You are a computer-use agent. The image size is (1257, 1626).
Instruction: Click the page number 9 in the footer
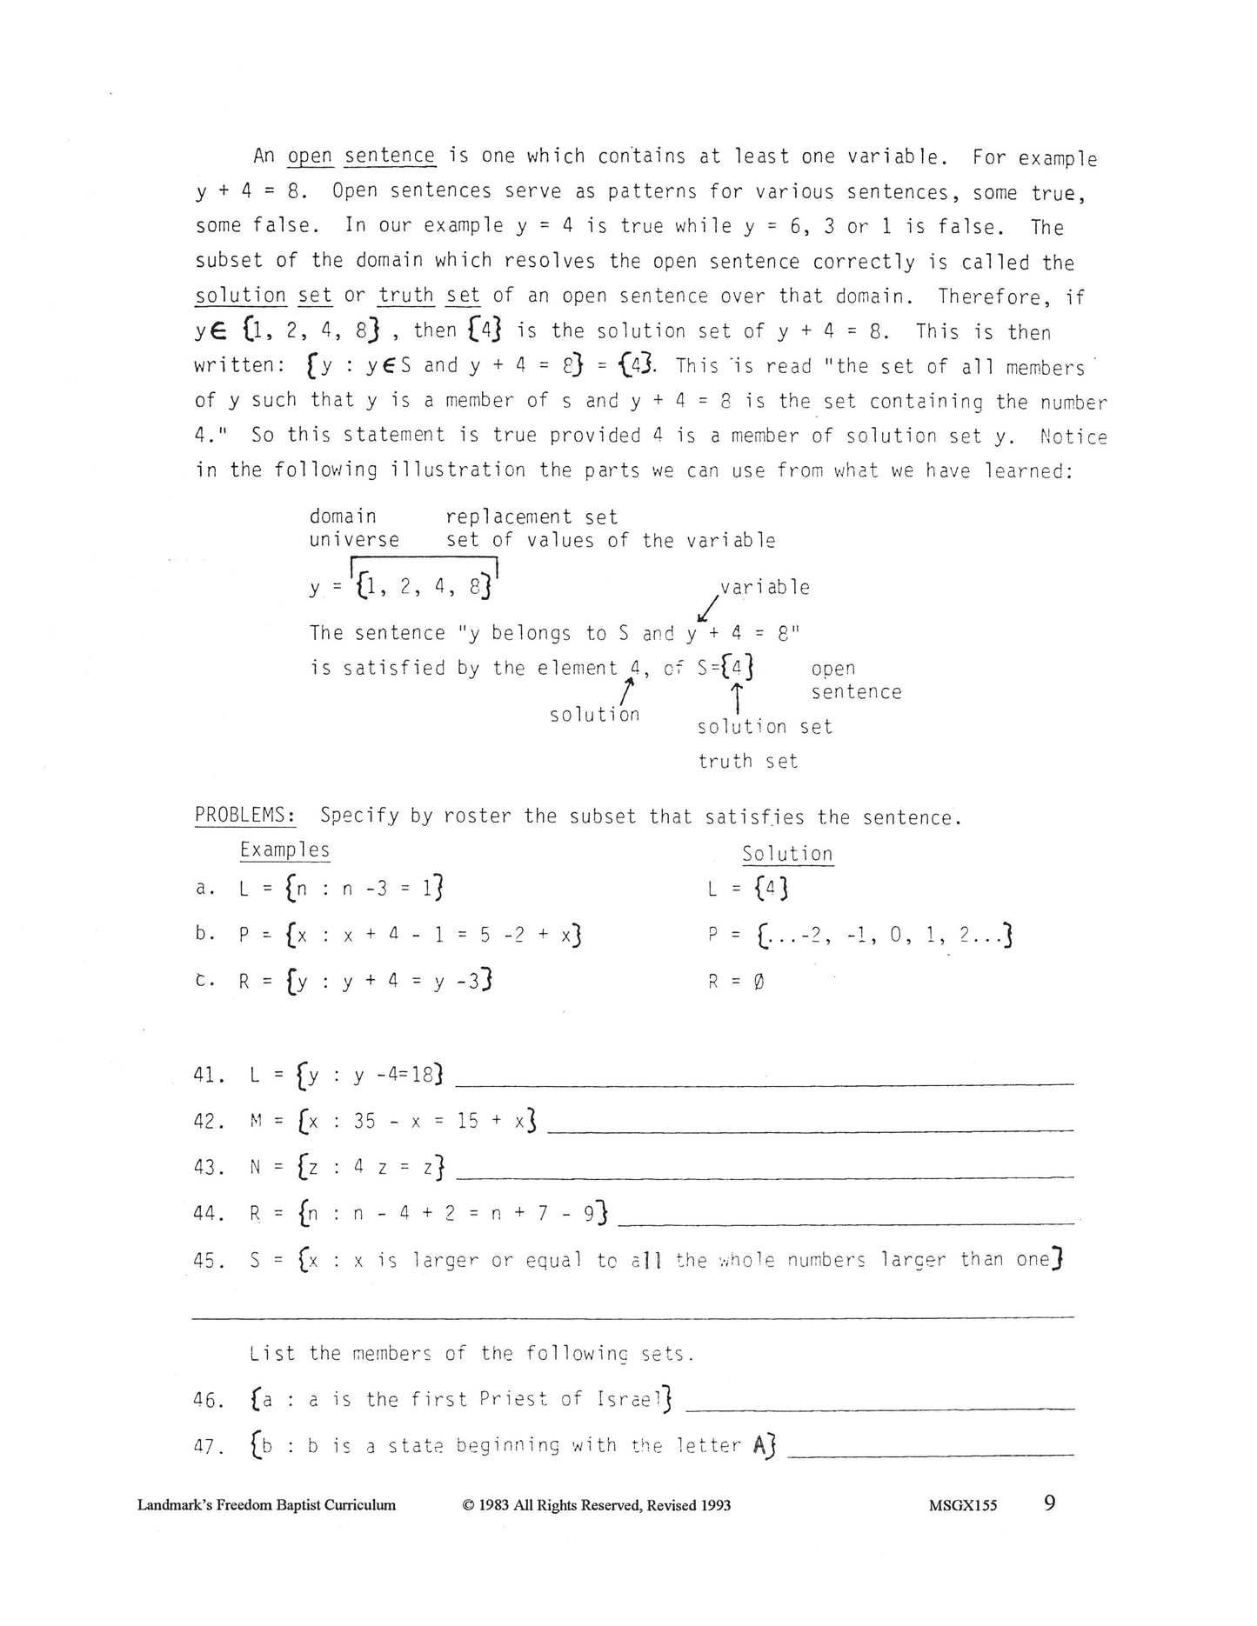[x=1049, y=1503]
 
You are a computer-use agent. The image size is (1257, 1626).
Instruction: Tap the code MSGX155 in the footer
[x=962, y=1506]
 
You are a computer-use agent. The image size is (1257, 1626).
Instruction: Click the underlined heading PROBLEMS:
[x=244, y=816]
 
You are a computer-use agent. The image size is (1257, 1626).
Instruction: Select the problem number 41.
[x=210, y=1075]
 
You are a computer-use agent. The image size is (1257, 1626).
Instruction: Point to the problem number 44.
[x=210, y=1213]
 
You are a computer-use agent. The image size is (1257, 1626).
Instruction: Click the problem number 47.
[x=210, y=1447]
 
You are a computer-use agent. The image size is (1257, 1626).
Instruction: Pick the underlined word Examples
[x=284, y=850]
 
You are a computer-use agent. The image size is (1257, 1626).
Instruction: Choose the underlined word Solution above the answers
[x=787, y=854]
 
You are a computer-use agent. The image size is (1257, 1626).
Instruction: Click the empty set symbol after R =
[x=759, y=983]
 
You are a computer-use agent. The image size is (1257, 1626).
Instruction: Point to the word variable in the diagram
[x=765, y=588]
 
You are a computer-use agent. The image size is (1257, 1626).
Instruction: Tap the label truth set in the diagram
[x=747, y=762]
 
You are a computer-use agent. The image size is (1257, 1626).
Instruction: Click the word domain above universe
[x=343, y=517]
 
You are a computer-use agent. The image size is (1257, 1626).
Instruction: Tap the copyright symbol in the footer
[x=468, y=1506]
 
